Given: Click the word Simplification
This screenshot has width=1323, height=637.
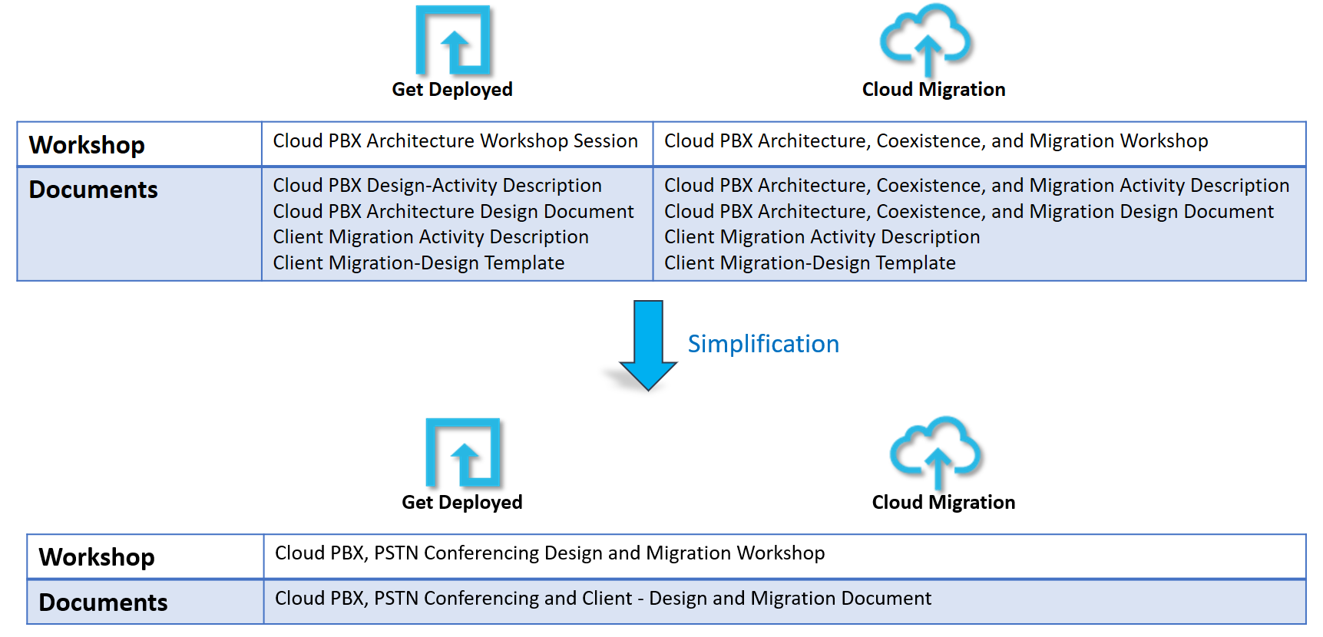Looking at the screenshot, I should [x=762, y=344].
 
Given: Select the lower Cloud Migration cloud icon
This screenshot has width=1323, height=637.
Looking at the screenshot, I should [x=937, y=451].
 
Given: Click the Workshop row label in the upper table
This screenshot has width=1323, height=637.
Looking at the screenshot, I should [x=87, y=145].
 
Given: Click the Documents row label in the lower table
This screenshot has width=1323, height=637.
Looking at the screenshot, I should [x=103, y=602].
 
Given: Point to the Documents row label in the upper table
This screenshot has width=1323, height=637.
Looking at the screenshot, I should [x=93, y=190].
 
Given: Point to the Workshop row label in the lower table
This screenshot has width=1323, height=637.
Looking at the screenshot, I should [x=97, y=557].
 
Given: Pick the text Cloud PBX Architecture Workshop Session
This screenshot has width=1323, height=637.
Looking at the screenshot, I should [x=455, y=141].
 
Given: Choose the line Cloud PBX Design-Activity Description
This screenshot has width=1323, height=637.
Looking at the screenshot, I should [x=437, y=186].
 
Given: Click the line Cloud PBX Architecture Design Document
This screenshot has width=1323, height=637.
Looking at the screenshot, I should [x=453, y=212].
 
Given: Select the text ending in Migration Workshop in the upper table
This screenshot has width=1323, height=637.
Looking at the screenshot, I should [x=936, y=141].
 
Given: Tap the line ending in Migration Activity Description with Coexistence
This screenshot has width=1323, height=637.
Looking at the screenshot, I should [x=976, y=186].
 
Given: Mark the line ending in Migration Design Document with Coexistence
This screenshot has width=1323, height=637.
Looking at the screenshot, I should [x=968, y=212].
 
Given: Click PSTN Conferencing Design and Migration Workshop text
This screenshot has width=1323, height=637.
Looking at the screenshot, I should [x=550, y=553].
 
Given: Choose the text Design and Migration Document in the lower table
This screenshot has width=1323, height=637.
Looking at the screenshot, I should [x=603, y=599].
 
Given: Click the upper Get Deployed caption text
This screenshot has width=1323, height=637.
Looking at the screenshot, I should [x=452, y=90].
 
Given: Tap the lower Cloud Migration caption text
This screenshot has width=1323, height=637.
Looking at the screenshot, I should [x=944, y=503].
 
